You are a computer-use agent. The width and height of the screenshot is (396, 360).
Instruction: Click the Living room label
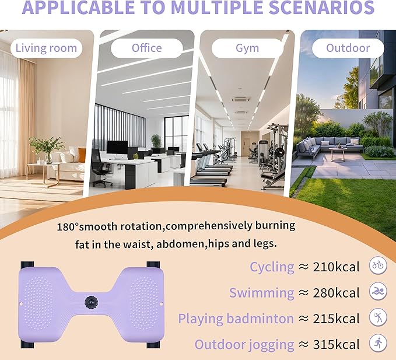tap(47, 48)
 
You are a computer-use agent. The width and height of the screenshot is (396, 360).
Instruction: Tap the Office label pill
tap(147, 48)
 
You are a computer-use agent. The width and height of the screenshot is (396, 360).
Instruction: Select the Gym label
tap(247, 48)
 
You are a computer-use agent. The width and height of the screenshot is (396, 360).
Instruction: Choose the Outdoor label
tap(348, 48)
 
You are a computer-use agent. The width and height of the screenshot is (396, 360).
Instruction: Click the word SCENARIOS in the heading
tap(321, 8)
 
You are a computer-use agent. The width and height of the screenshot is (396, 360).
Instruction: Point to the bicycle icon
tap(378, 265)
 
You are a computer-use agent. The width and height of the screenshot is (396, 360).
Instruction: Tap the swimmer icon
tap(378, 291)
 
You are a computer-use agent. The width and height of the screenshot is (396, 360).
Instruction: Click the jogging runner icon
tap(378, 343)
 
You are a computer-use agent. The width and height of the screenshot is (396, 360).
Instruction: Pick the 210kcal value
tap(336, 267)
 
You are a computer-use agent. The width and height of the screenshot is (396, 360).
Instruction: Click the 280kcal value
tap(336, 293)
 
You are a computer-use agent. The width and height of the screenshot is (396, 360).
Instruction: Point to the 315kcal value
tap(336, 345)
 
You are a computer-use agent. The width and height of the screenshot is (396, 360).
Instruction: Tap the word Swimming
tap(262, 293)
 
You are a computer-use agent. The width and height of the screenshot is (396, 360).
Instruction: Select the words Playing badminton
tap(236, 319)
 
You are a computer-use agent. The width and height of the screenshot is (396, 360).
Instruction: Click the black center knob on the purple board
tap(91, 302)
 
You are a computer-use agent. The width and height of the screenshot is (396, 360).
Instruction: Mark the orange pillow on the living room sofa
tap(82, 155)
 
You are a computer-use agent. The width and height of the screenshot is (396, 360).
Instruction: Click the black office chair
tap(100, 167)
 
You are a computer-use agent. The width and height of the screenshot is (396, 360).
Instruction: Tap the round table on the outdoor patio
tap(338, 153)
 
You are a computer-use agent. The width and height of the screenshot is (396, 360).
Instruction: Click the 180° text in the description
tap(68, 227)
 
